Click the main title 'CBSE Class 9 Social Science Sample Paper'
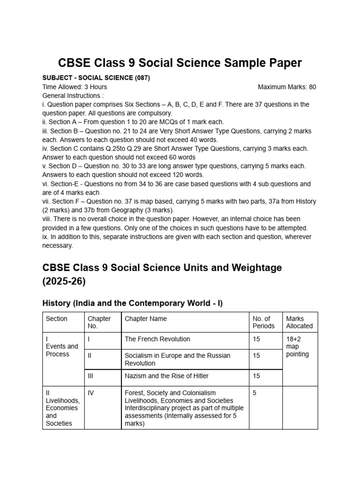[x=180, y=63]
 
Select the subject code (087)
[x=141, y=78]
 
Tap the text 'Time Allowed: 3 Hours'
[x=75, y=87]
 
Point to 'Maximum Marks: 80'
[x=287, y=87]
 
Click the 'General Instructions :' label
[x=73, y=96]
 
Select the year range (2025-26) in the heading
[x=65, y=283]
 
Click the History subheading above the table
[x=133, y=303]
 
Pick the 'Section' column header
[x=56, y=319]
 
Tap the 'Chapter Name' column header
[x=146, y=319]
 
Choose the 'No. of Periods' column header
[x=263, y=322]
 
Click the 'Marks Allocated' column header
[x=299, y=322]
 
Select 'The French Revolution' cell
[x=157, y=339]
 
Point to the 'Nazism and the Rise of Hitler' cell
[x=167, y=376]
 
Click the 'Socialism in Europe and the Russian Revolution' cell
[x=178, y=359]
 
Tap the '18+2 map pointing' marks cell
[x=297, y=346]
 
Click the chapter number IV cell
[x=91, y=393]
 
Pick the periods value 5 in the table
[x=255, y=393]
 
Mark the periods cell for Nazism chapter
[x=256, y=376]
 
